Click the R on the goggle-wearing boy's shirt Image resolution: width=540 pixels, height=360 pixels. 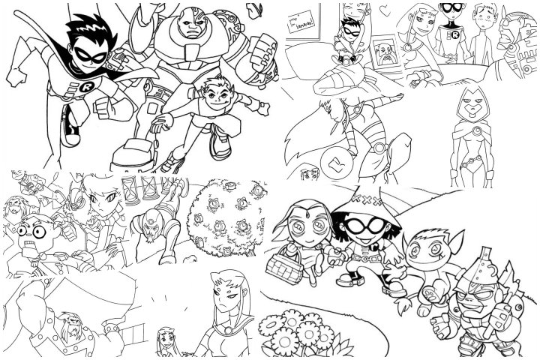(x=454, y=36)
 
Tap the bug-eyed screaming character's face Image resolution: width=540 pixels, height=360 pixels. (x=32, y=228)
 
